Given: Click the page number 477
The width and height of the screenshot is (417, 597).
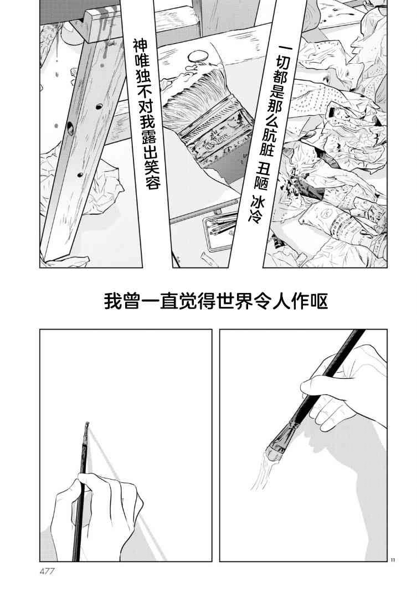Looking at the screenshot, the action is tap(47, 571).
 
